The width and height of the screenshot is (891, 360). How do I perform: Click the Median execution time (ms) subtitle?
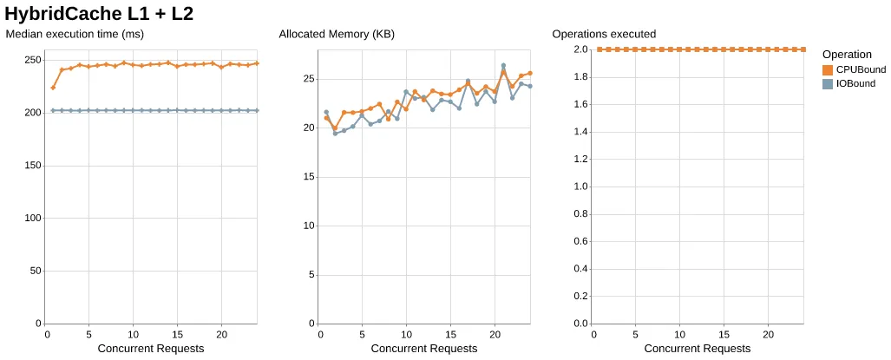[x=75, y=35]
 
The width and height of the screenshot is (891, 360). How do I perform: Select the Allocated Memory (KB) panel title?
[x=337, y=35]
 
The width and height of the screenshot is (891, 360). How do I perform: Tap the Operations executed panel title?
[x=604, y=35]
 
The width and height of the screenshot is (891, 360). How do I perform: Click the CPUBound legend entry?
[x=855, y=69]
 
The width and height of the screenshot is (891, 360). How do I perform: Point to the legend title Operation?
[x=847, y=55]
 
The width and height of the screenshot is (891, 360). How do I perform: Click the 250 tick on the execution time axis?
[x=33, y=60]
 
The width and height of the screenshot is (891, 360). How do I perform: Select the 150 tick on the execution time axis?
[x=33, y=166]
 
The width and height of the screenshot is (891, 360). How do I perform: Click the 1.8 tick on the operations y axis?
[x=580, y=77]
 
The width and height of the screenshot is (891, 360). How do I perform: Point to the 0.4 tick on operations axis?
[x=580, y=269]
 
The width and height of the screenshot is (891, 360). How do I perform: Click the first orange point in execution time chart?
[x=53, y=88]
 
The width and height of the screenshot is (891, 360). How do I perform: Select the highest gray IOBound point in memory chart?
[x=503, y=66]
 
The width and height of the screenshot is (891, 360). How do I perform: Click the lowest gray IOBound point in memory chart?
[x=335, y=133]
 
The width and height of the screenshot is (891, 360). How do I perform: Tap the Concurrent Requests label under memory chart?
[x=423, y=349]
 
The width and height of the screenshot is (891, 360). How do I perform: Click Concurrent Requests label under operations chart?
[x=697, y=349]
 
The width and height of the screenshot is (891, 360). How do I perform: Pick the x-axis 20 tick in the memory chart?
[x=495, y=334]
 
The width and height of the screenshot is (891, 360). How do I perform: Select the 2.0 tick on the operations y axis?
[x=580, y=49]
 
